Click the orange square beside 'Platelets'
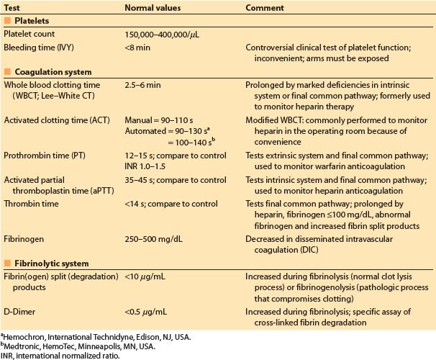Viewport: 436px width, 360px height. tap(6, 21)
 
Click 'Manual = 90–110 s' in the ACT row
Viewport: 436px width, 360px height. tap(160, 117)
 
